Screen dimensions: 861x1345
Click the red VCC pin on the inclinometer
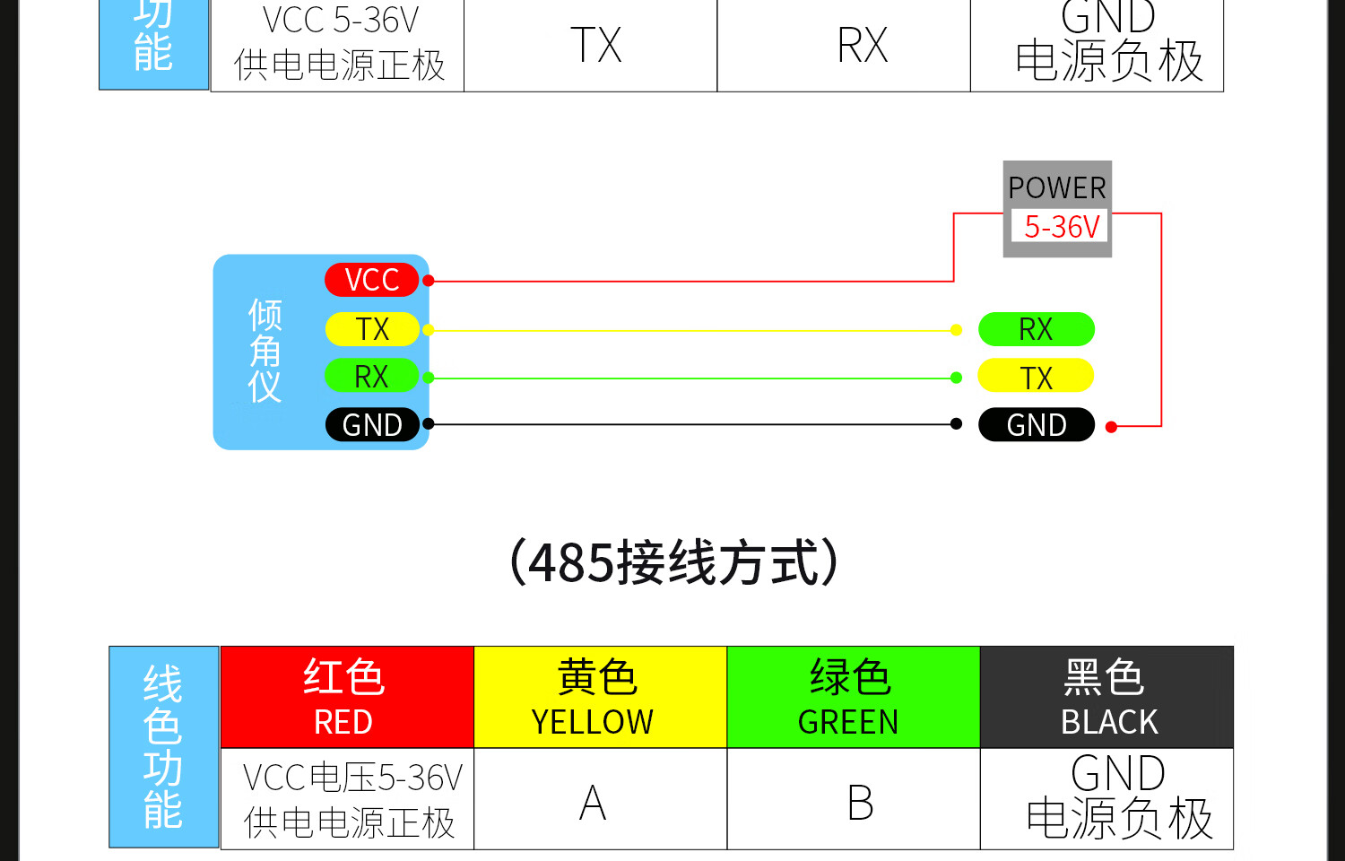click(371, 280)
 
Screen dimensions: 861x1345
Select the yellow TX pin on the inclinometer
click(371, 329)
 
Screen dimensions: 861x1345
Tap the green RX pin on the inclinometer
click(371, 376)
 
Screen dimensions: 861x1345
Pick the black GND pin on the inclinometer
click(371, 424)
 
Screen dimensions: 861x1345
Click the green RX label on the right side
click(1036, 329)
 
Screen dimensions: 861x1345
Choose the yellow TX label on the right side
click(1036, 377)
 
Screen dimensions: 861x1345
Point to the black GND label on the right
click(1036, 424)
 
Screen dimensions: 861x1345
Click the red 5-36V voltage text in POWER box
click(1061, 227)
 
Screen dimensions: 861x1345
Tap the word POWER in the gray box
click(1056, 188)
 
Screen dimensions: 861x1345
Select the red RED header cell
click(346, 697)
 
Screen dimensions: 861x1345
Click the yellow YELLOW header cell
click(599, 697)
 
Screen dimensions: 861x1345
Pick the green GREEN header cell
click(852, 697)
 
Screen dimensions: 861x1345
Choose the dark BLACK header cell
click(1106, 697)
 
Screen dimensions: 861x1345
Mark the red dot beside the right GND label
click(1111, 427)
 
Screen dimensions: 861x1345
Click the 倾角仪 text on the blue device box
click(265, 351)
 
